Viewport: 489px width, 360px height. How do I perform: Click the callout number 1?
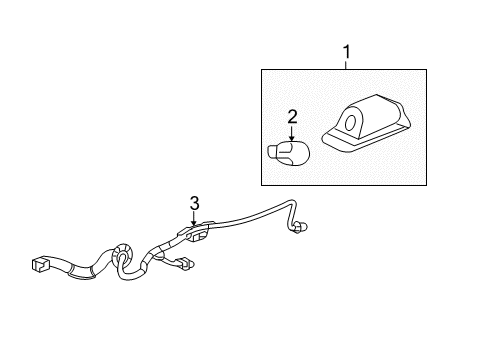pyautogui.click(x=346, y=50)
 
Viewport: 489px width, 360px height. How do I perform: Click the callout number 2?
pyautogui.click(x=292, y=118)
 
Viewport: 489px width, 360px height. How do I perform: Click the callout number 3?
pyautogui.click(x=195, y=202)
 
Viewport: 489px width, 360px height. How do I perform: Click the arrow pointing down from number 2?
pyautogui.click(x=292, y=134)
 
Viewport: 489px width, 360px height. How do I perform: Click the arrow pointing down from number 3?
pyautogui.click(x=195, y=219)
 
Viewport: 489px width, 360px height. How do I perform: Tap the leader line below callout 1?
pyautogui.click(x=346, y=62)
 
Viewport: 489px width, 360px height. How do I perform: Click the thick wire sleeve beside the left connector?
pyautogui.click(x=75, y=266)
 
